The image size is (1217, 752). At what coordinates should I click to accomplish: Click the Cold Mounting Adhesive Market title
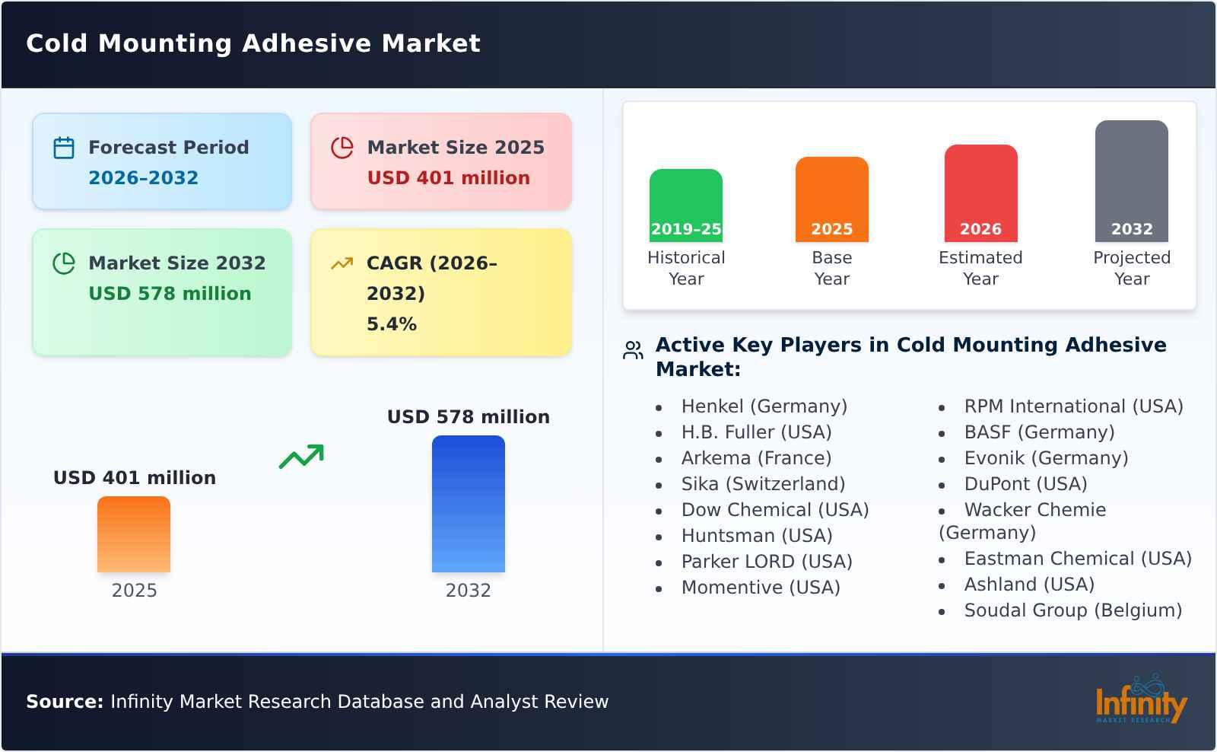253,43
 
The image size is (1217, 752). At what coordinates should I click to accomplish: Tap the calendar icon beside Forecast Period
64,148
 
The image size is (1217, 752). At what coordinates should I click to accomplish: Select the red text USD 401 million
448,178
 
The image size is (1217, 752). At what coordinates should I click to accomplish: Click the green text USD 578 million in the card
170,294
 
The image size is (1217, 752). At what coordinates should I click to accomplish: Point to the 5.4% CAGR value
391,324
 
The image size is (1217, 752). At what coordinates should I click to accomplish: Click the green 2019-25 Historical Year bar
685,205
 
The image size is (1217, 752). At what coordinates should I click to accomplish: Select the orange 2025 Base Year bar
831,199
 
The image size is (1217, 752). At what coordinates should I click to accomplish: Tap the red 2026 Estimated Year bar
980,193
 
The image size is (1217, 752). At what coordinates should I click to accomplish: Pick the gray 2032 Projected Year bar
1131,180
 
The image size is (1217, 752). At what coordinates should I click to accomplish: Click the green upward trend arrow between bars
301,457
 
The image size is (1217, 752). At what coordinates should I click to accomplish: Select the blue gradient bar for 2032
468,503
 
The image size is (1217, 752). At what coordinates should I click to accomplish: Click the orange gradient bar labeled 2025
134,534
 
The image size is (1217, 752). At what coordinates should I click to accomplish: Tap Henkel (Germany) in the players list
764,406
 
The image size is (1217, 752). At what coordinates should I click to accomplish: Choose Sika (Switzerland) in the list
763,484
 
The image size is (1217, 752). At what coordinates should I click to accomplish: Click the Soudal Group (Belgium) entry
1072,610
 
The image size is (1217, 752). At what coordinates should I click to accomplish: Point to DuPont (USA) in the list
1025,484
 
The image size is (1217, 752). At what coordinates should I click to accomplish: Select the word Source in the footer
65,702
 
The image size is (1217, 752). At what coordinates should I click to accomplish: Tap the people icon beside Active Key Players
633,350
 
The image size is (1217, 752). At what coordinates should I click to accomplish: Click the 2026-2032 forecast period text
143,178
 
